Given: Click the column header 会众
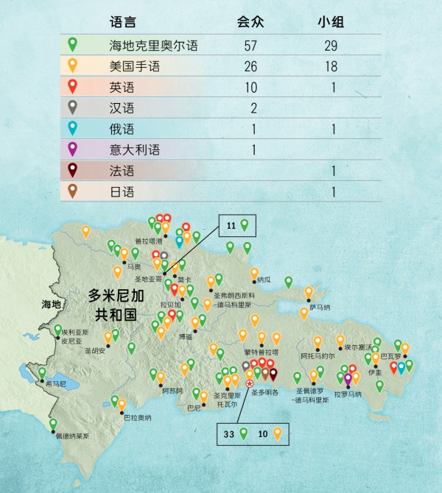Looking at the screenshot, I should (250, 22).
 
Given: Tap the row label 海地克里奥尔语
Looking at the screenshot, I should (143, 46).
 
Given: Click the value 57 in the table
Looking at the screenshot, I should (250, 46).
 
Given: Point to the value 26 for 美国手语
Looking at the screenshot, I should (250, 67).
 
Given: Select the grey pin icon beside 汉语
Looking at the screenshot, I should (72, 107).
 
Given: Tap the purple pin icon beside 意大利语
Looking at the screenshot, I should (72, 149).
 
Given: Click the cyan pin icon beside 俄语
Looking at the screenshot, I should (72, 129).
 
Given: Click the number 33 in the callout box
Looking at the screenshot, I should (229, 434).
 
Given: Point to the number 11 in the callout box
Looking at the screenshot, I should (231, 225).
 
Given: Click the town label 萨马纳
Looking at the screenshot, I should (320, 307).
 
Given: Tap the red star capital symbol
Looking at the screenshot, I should (250, 383).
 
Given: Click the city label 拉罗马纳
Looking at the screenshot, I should (348, 394).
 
